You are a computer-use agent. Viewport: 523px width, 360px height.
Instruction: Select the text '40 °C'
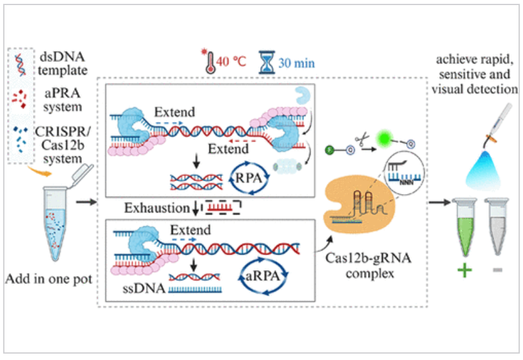[x=232, y=63]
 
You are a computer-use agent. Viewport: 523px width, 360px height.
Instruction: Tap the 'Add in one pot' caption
[x=49, y=279]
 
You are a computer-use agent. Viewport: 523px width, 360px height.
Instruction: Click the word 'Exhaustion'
[x=155, y=208]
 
